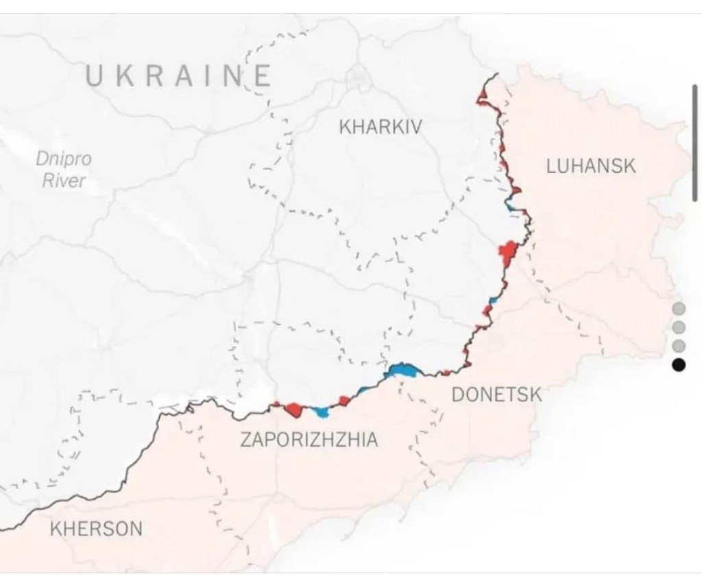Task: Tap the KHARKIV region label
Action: pos(380,127)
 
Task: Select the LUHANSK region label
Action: pos(591,166)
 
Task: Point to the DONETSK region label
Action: pos(496,395)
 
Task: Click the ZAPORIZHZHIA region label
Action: pos(308,439)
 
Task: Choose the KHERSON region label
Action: pos(97,529)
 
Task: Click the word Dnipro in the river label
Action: pos(63,159)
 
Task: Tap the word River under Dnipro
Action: pos(63,181)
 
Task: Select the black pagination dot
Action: pos(679,365)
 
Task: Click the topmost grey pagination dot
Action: pos(679,308)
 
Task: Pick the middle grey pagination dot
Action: pos(679,327)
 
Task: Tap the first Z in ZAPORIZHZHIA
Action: pos(245,440)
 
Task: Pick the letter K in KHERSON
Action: pos(56,529)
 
